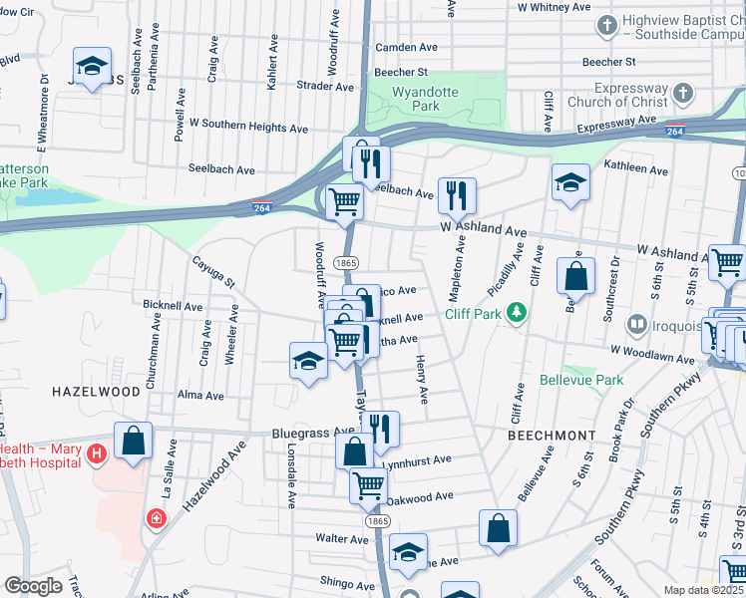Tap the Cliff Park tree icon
click(x=516, y=314)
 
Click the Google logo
click(x=33, y=586)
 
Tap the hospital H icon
click(x=96, y=455)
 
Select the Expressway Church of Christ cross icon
click(x=683, y=93)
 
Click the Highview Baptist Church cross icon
click(x=605, y=23)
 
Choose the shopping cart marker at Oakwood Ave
click(x=368, y=485)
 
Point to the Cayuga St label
click(x=214, y=271)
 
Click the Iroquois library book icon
click(x=636, y=324)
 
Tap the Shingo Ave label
click(x=345, y=582)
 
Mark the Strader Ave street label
click(x=325, y=87)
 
